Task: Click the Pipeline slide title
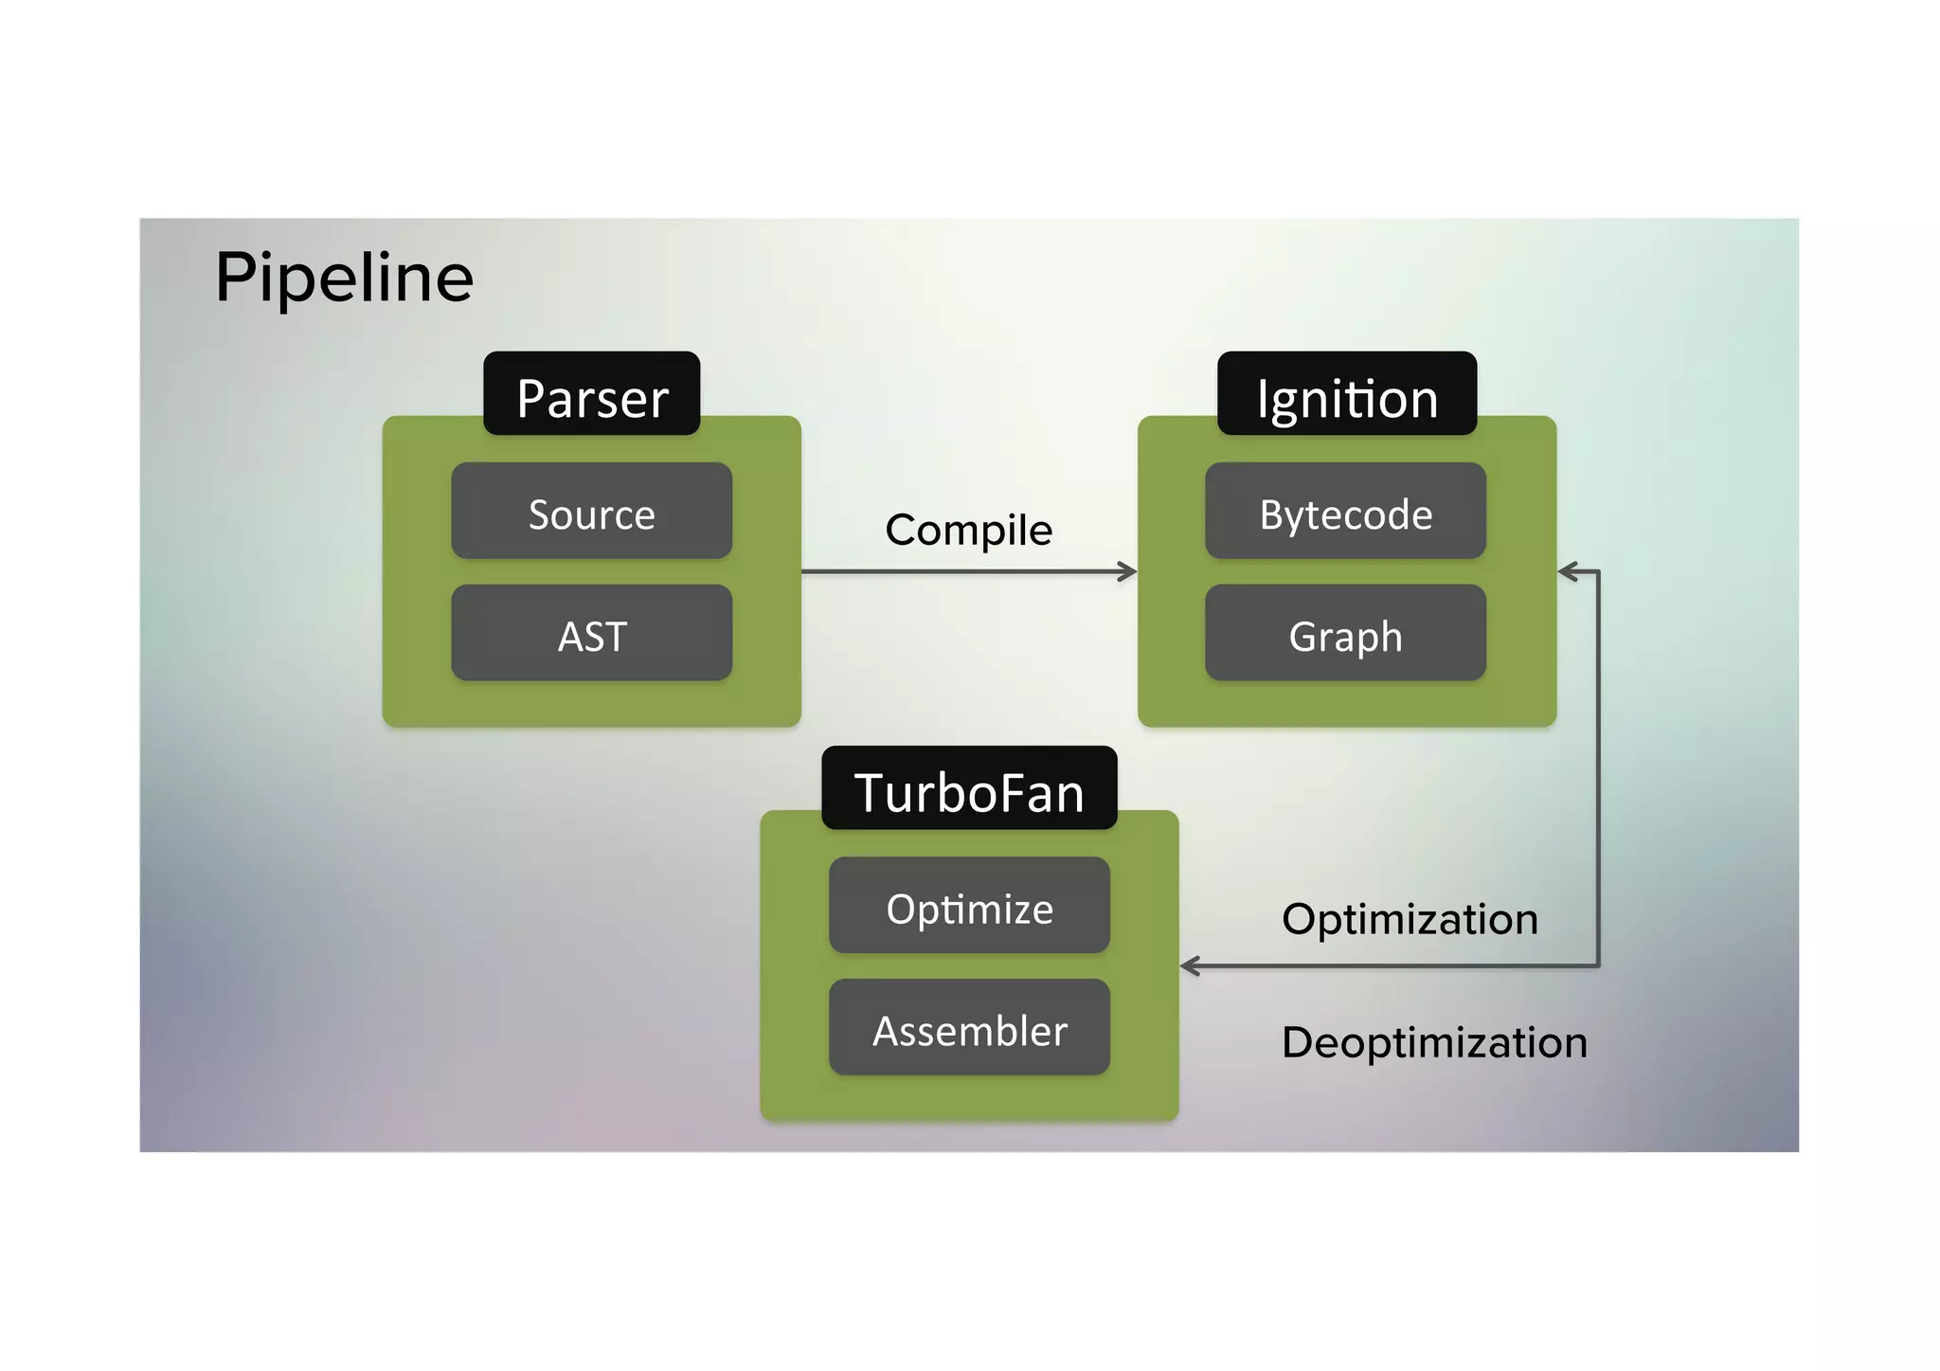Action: [x=344, y=278]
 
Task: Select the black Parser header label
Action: [x=592, y=394]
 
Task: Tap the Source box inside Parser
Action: [x=592, y=512]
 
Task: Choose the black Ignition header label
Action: [x=1346, y=394]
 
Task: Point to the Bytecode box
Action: [x=1345, y=512]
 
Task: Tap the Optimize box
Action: [x=969, y=906]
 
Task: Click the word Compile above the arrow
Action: [x=968, y=529]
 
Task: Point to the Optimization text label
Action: [x=1410, y=918]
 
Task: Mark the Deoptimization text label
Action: [x=1434, y=1041]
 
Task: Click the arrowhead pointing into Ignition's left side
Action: [x=1128, y=571]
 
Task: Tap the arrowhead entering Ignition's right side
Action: [x=1568, y=571]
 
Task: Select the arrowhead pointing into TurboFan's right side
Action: [x=1191, y=965]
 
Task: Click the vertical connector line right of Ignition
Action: [x=1599, y=767]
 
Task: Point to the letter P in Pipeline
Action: [x=235, y=278]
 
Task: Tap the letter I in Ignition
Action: [x=1262, y=398]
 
